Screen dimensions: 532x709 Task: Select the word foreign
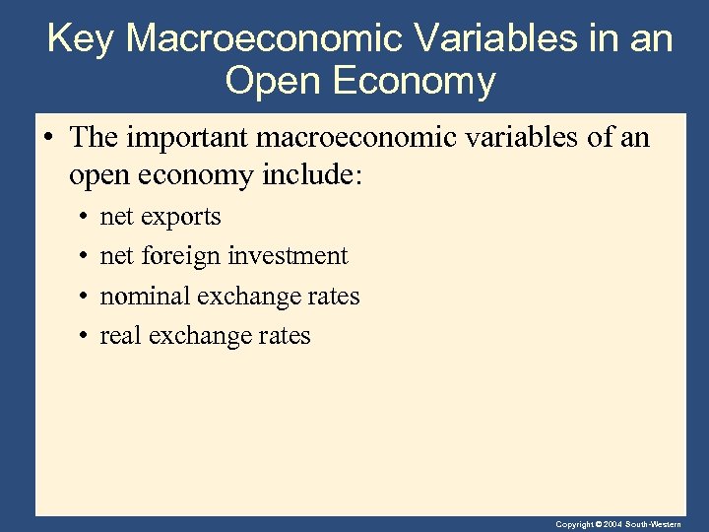pos(181,257)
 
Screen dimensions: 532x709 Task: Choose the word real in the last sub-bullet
pos(120,336)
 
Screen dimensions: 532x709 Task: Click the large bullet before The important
pos(47,138)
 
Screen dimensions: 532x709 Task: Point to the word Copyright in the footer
pos(574,524)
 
